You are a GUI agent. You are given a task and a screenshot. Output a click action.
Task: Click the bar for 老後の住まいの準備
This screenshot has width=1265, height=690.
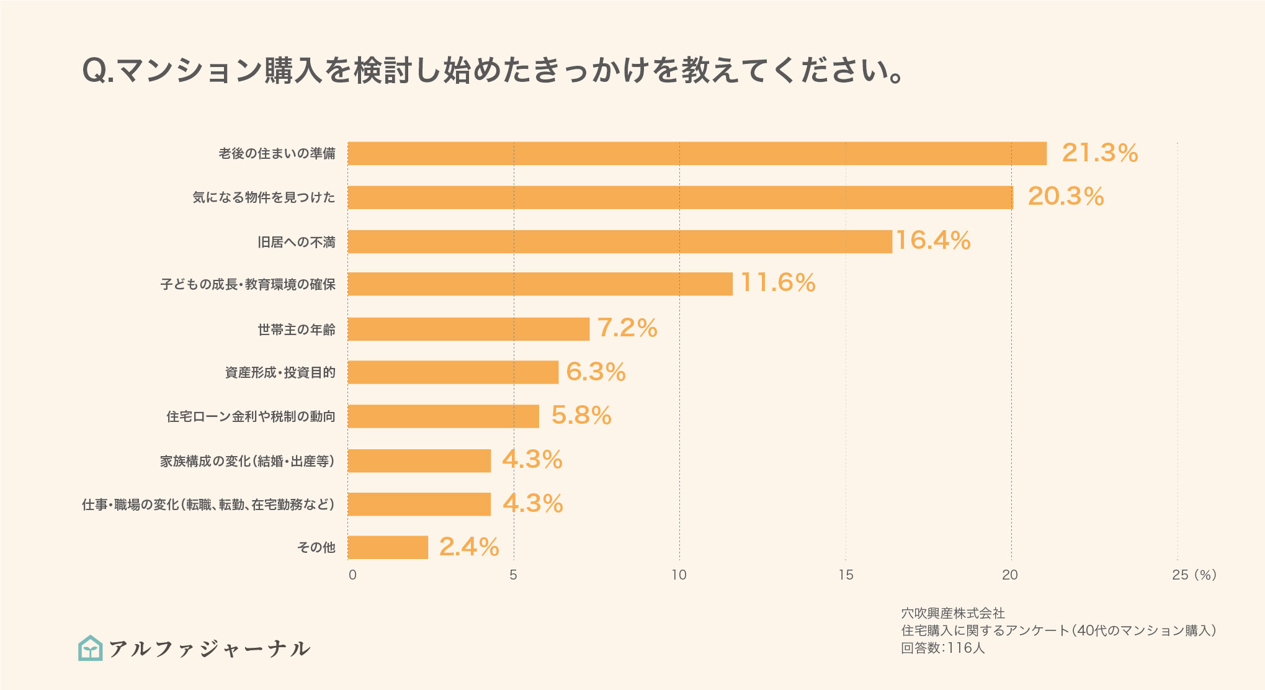697,153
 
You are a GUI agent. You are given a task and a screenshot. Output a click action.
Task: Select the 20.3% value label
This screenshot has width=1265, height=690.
1066,197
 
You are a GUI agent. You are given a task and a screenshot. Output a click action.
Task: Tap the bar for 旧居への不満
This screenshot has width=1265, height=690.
619,241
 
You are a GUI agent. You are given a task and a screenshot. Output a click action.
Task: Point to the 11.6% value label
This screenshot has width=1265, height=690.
778,283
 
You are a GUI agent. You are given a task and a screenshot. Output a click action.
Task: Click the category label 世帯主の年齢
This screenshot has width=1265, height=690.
297,329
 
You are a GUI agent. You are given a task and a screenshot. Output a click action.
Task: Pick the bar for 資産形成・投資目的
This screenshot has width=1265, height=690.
453,372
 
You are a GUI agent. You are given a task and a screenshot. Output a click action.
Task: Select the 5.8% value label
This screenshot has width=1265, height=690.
581,416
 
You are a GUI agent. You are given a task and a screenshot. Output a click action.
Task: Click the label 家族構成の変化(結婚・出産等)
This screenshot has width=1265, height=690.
248,461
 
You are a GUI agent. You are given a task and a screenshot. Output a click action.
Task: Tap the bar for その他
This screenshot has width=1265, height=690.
388,547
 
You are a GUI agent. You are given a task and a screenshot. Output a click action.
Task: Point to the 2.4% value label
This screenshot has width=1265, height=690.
469,547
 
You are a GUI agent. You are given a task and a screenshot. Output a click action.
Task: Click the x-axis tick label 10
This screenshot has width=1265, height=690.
679,575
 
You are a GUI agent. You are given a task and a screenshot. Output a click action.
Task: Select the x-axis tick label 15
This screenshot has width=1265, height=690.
846,575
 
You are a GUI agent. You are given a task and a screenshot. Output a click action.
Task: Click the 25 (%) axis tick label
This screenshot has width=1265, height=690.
1194,575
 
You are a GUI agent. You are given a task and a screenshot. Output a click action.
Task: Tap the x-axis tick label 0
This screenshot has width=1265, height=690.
352,575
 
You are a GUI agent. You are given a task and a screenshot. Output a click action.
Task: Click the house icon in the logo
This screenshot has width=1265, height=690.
91,648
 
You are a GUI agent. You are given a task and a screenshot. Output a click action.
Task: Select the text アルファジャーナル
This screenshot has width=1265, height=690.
209,649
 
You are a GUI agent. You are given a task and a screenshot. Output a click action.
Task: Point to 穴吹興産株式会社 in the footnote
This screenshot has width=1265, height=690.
952,614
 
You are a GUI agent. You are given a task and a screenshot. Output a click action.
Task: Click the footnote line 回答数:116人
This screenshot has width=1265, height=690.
942,648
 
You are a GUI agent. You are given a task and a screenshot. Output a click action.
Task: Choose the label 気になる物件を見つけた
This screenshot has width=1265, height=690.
264,197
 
